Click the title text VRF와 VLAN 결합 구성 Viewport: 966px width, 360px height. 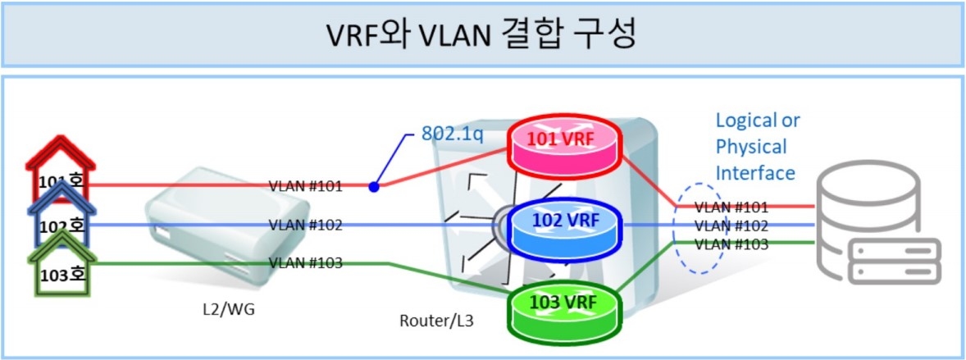[483, 34]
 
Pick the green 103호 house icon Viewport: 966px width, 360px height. [62, 271]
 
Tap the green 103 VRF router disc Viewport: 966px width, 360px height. [564, 304]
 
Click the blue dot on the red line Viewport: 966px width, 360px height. [374, 186]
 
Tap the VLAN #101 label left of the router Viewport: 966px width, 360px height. [306, 185]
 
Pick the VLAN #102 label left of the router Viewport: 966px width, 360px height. [306, 225]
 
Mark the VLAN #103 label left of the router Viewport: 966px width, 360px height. [306, 262]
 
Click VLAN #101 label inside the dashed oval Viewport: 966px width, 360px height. [731, 207]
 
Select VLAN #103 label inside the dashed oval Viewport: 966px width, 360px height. [731, 244]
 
